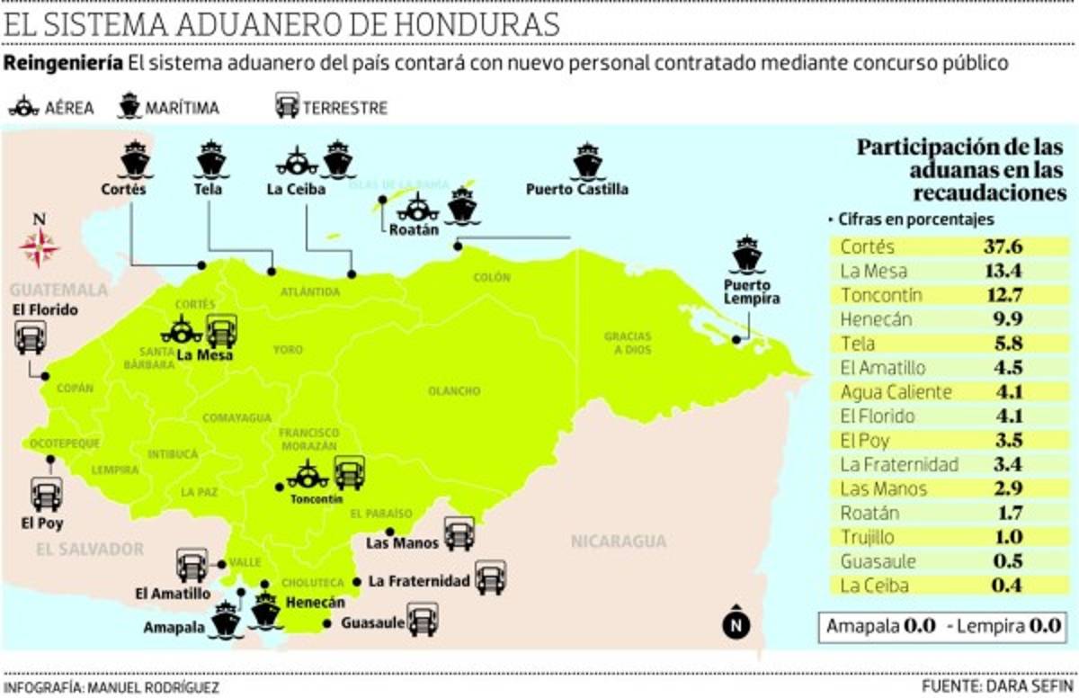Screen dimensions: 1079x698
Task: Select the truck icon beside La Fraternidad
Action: (x=491, y=577)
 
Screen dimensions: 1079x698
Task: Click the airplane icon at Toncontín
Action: (x=308, y=474)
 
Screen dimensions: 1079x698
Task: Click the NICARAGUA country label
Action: (x=619, y=541)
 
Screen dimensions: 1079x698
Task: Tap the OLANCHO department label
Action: (x=449, y=391)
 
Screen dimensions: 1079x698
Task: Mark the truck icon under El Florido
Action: (x=30, y=338)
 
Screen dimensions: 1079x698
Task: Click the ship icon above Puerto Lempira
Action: (x=747, y=255)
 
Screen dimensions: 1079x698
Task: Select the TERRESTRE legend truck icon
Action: (x=287, y=107)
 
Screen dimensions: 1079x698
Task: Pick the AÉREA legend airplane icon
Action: (x=23, y=107)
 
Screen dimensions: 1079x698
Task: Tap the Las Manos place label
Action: (x=402, y=542)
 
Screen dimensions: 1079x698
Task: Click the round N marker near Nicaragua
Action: (x=736, y=622)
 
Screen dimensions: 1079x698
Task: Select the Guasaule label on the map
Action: (x=372, y=622)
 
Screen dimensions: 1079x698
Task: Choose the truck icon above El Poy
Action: (x=47, y=494)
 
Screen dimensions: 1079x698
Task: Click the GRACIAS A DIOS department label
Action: (x=627, y=343)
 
